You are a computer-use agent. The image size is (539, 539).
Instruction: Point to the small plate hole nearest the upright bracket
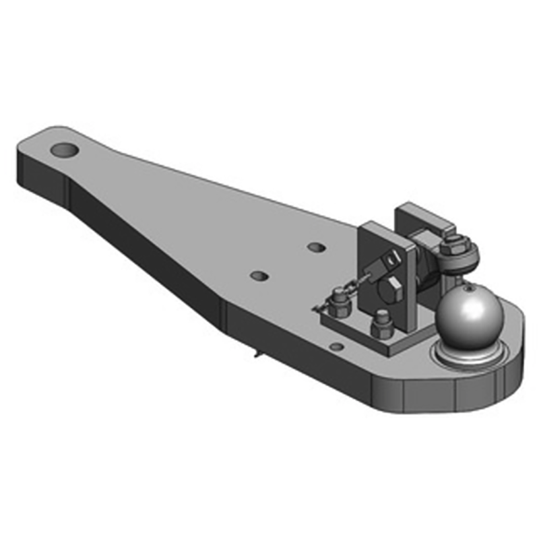[x=316, y=247]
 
